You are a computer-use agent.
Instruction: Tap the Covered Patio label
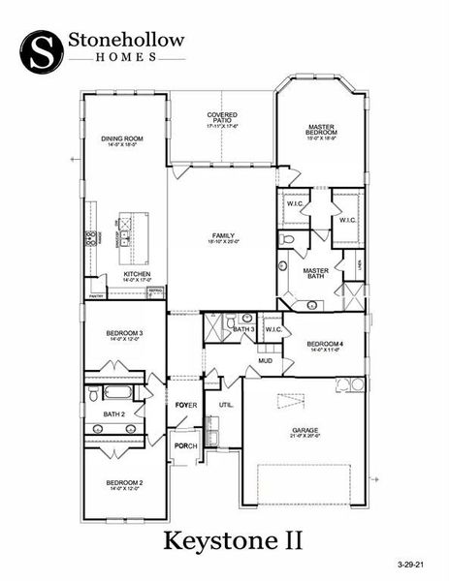[x=222, y=119]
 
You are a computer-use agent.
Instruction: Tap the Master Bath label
[x=316, y=274]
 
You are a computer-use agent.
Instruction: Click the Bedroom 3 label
[x=124, y=336]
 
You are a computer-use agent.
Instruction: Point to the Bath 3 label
[x=243, y=329]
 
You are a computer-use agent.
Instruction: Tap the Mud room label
[x=265, y=361]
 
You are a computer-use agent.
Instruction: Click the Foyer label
[x=185, y=405]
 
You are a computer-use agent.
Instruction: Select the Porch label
[x=185, y=445]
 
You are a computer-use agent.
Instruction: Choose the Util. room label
[x=226, y=405]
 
